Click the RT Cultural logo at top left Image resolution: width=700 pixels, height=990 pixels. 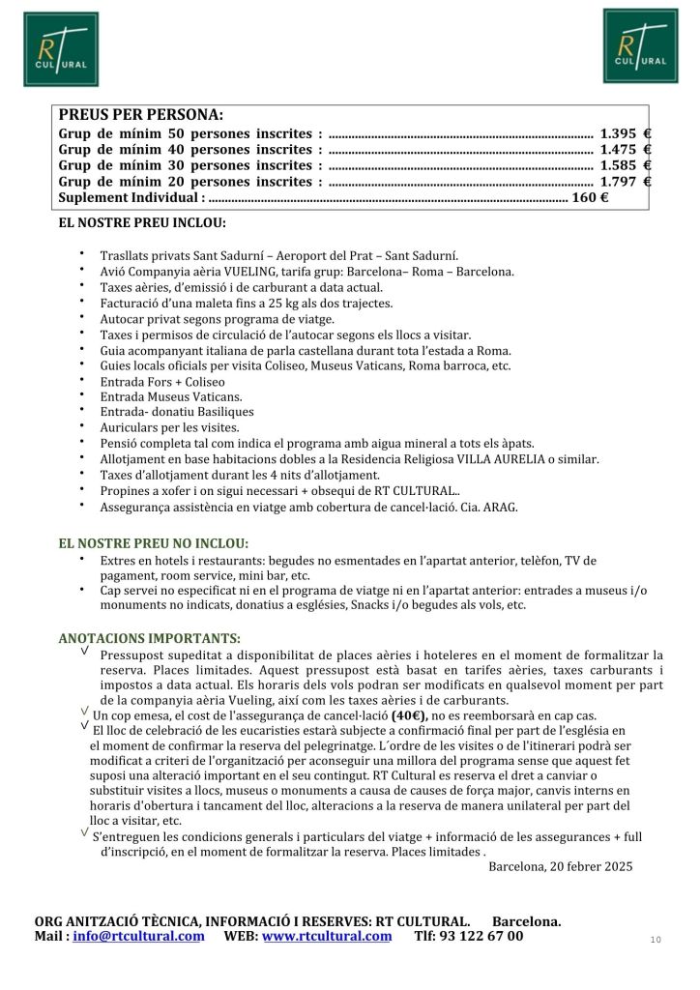(61, 49)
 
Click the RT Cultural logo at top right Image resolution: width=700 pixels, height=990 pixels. (640, 45)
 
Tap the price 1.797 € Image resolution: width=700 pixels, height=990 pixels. (625, 181)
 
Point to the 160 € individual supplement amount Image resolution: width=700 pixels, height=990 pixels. (589, 197)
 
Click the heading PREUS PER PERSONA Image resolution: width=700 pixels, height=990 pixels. (140, 114)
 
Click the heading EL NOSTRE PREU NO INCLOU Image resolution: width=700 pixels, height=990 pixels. (153, 542)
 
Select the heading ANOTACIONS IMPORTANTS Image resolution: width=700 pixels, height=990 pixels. (149, 638)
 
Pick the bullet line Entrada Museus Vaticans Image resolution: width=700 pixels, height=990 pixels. (171, 396)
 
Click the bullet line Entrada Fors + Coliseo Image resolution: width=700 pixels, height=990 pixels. (162, 381)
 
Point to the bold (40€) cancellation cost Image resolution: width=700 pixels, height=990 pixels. (410, 715)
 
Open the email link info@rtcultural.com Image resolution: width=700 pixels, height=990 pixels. (138, 936)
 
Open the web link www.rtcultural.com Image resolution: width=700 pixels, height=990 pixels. (326, 936)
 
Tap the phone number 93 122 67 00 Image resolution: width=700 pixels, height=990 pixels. (483, 936)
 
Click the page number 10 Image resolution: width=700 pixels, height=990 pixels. (656, 939)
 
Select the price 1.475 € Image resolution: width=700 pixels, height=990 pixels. (625, 150)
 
